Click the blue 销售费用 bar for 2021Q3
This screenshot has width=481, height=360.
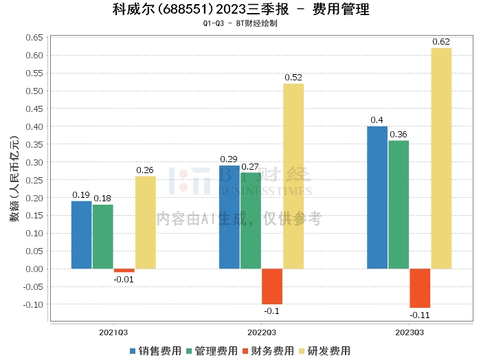coord(82,234)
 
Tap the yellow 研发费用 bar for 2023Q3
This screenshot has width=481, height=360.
coord(441,158)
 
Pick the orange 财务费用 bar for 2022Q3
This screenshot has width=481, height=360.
coord(272,286)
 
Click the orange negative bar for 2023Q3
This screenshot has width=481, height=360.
coord(420,288)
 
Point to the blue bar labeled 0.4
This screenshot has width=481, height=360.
coord(377,197)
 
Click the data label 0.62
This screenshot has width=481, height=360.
coord(441,42)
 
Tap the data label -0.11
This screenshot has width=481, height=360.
coord(420,315)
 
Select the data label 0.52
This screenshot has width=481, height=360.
coord(293,78)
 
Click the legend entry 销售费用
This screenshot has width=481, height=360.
coord(155,350)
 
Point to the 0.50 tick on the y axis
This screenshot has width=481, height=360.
coord(34,91)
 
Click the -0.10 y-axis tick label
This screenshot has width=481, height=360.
coord(32,304)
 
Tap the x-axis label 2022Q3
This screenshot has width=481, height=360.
coord(262,332)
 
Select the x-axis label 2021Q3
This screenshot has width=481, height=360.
coord(113,332)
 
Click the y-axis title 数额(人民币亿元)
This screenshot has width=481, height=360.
coord(14,179)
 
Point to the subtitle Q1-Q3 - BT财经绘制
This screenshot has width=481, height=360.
coord(240,23)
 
